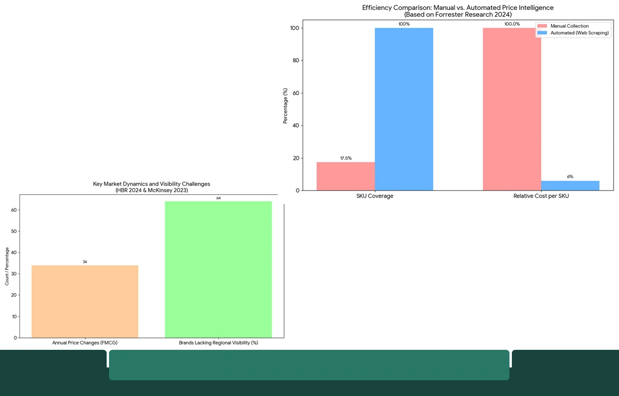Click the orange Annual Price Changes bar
point(85,301)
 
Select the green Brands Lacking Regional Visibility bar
point(218,269)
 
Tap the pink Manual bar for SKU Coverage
point(346,176)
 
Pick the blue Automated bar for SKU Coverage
point(404,109)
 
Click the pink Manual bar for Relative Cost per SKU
point(512,109)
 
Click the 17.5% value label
point(346,158)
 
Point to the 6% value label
point(570,177)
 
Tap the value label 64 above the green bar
point(219,198)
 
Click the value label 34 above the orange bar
point(85,262)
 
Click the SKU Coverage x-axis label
point(375,196)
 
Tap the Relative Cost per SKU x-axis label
point(541,196)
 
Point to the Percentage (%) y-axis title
point(285,106)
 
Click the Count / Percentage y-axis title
point(7,266)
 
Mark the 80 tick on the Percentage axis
point(296,60)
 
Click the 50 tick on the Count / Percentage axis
point(14,231)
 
